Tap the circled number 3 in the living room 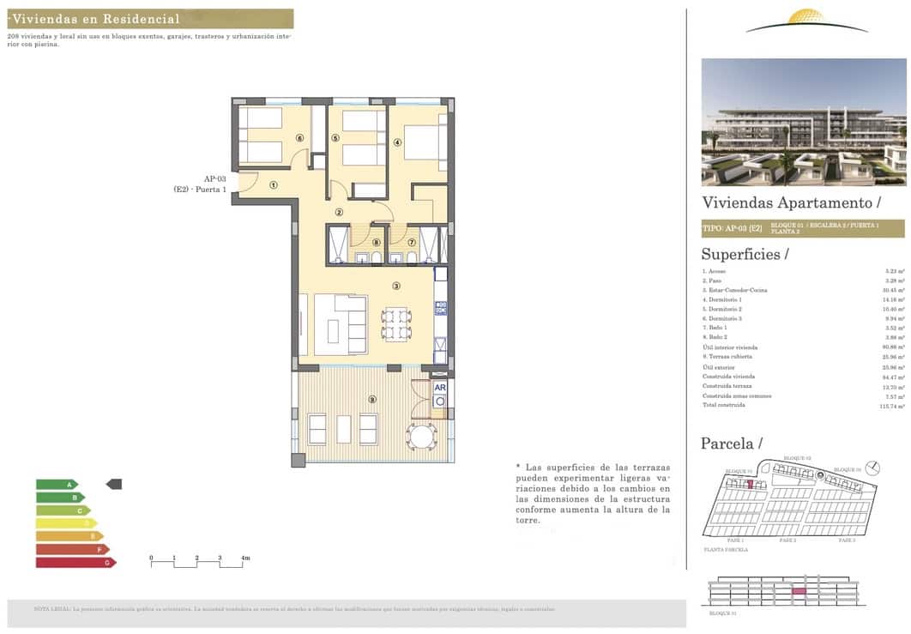pos(396,286)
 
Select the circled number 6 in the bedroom pos(299,137)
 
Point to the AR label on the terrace pos(440,387)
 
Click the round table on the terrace pos(421,436)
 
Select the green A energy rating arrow pos(57,484)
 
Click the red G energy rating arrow pos(75,563)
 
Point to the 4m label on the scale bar pos(245,559)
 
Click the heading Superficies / pos(745,254)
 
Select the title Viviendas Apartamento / pos(791,202)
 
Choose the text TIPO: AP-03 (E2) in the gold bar pos(732,228)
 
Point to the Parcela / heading pos(731,444)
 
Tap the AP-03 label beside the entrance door pos(214,178)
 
